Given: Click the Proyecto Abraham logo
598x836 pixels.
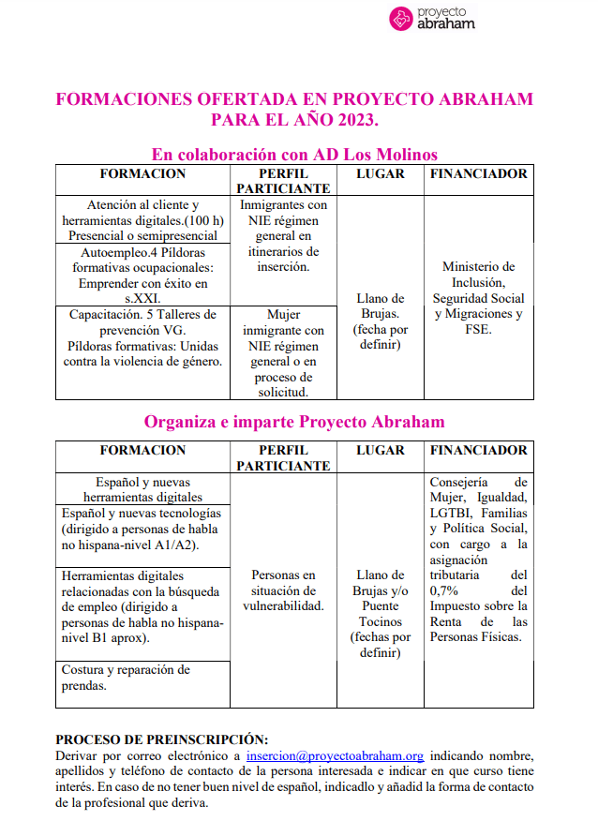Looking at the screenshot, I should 432,18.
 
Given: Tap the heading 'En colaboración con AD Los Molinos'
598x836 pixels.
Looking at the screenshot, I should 294,154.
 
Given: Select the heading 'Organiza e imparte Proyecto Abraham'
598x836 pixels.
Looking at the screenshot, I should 294,422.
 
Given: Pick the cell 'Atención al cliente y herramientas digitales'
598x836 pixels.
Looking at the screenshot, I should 142,220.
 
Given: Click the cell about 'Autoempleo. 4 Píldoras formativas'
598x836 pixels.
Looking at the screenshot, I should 142,276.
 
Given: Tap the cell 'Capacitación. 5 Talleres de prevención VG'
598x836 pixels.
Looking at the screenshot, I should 142,337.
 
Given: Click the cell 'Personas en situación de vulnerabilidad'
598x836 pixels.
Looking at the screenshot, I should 283,590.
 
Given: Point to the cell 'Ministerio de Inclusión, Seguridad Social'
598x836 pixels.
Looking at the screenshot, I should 479,298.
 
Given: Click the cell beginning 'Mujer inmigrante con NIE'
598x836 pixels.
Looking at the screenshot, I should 283,353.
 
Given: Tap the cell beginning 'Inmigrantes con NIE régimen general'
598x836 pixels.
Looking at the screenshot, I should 283,236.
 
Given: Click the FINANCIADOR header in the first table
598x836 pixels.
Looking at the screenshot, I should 479,173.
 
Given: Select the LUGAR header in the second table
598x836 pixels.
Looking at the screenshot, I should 380,451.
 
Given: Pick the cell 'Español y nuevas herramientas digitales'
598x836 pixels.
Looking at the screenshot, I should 142,489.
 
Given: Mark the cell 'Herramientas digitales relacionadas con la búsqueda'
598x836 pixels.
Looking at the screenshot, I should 142,606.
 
